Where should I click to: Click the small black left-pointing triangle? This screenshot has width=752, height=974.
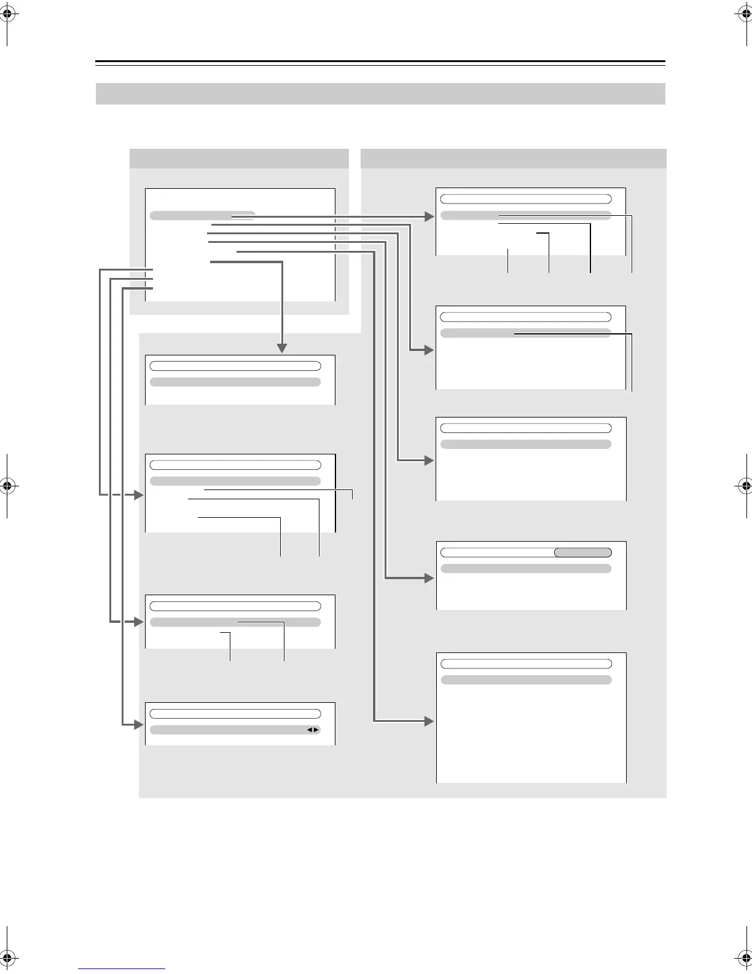[x=310, y=730]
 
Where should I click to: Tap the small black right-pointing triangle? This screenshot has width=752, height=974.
[x=316, y=730]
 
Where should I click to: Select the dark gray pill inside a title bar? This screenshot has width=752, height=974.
[x=582, y=552]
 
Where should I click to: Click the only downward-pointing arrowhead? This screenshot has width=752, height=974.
[x=282, y=348]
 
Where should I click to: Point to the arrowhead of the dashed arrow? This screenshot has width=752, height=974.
[x=138, y=494]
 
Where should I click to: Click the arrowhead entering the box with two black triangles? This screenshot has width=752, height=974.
[x=138, y=725]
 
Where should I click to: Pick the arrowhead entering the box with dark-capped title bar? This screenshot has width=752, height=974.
[x=429, y=578]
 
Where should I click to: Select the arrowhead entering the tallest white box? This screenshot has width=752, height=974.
[x=429, y=721]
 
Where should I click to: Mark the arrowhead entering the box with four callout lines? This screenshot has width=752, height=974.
[x=429, y=216]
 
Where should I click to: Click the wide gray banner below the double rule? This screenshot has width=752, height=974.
[x=380, y=94]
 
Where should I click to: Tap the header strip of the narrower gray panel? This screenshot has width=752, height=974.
[x=239, y=159]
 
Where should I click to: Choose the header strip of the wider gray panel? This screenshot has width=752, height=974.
[x=513, y=159]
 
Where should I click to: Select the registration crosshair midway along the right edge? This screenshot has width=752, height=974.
[x=745, y=486]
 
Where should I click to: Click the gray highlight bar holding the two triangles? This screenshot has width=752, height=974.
[x=235, y=730]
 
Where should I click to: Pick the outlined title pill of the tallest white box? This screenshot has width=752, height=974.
[x=526, y=664]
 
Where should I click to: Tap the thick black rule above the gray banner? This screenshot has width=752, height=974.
[x=380, y=62]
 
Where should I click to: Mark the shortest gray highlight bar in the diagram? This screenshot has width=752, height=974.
[x=202, y=216]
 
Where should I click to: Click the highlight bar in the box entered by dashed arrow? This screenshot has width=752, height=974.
[x=235, y=481]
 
